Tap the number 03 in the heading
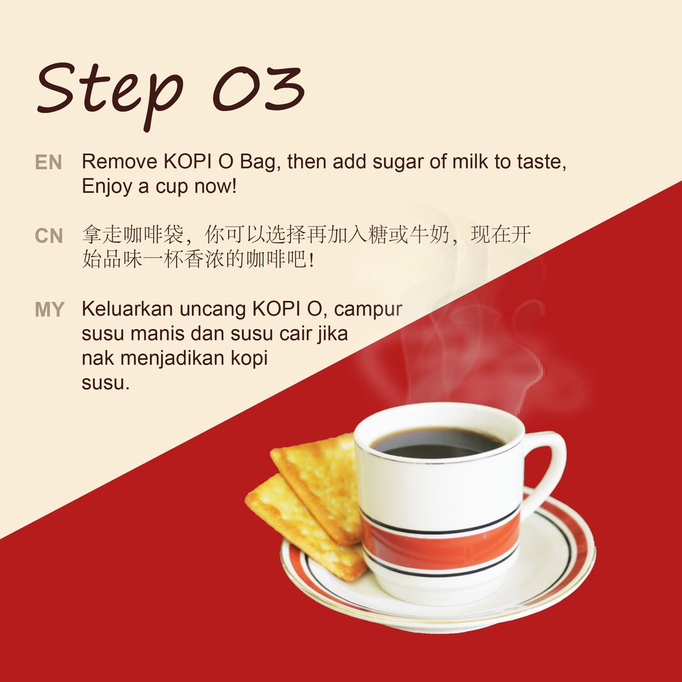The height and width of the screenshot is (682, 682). tap(258, 89)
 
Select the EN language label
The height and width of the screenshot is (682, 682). tap(48, 163)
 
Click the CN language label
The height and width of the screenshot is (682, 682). tap(49, 236)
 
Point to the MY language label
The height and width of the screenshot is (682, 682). tap(49, 310)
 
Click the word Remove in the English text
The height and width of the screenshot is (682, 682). tap(120, 161)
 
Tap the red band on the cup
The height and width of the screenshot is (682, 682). tap(440, 543)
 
